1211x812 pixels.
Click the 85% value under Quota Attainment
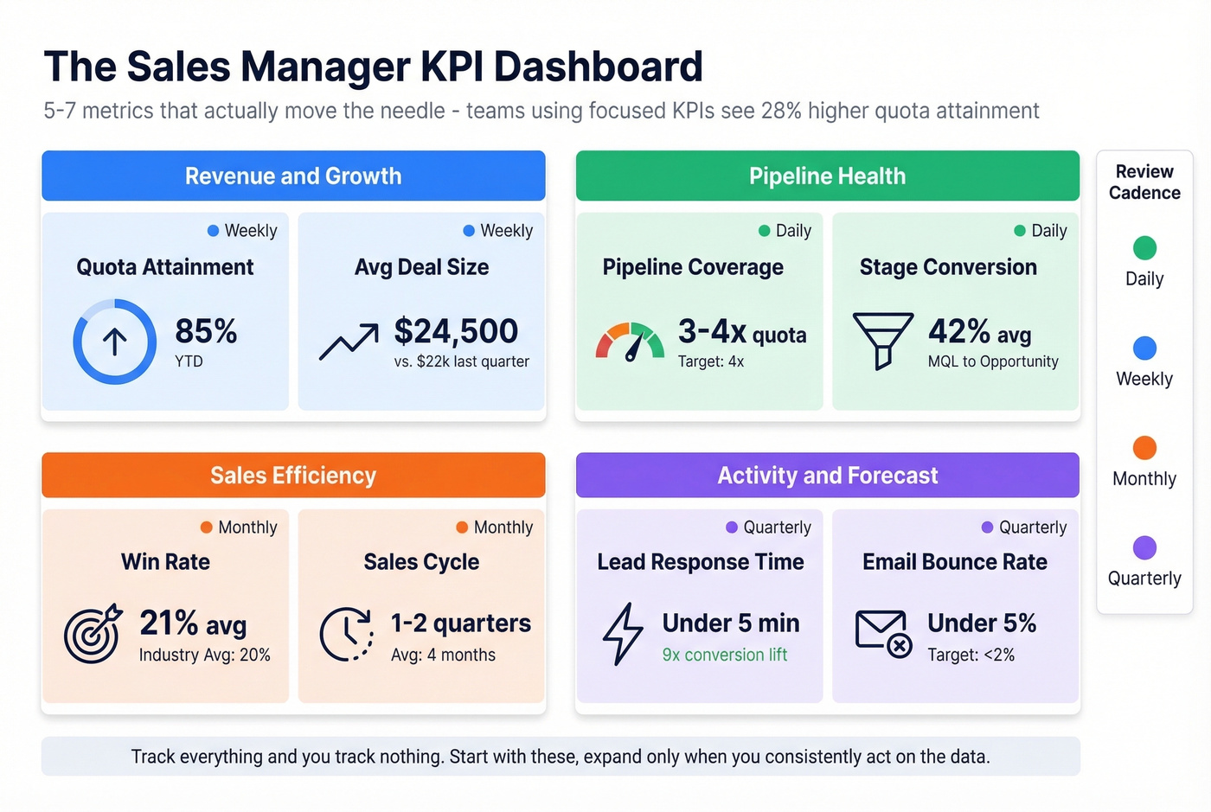coord(206,331)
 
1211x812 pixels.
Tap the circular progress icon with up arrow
coord(114,342)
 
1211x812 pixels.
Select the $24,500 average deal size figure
coord(456,331)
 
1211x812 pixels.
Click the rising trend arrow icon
coord(349,342)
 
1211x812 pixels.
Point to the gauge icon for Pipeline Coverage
coord(630,342)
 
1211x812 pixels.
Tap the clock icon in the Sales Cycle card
coord(346,634)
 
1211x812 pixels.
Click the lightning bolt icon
coord(623,634)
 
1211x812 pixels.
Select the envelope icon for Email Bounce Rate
coord(883,633)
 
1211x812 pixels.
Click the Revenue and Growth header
coord(293,176)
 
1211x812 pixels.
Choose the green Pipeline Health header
coord(827,176)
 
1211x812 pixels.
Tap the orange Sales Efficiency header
coord(293,476)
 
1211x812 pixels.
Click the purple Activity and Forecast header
coord(827,476)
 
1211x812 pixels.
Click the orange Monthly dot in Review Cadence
coord(1144,448)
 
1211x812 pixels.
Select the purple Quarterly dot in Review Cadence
coord(1144,547)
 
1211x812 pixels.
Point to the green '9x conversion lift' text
coord(724,655)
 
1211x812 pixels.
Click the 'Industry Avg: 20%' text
coord(204,655)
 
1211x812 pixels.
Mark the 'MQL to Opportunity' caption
coord(993,361)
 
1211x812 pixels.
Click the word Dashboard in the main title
coord(599,67)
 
